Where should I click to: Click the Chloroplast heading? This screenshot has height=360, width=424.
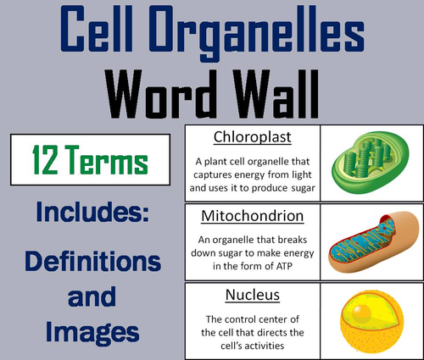pyautogui.click(x=251, y=136)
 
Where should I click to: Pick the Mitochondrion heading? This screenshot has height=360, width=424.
pyautogui.click(x=251, y=216)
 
